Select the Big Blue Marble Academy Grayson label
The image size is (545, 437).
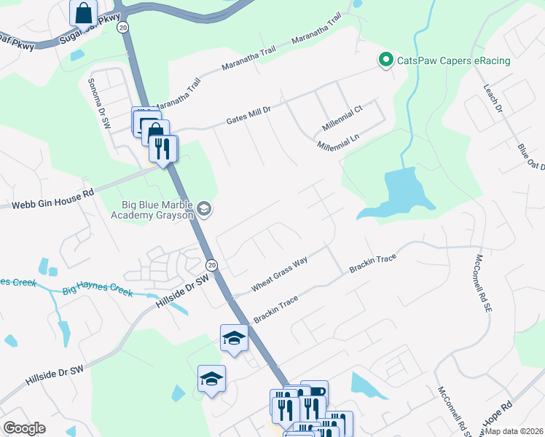[x=152, y=210]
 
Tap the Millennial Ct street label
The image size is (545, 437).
[x=342, y=120]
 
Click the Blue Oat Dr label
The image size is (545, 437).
[x=531, y=157]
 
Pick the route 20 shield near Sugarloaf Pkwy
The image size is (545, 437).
[x=123, y=27]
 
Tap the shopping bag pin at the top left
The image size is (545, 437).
[x=84, y=12]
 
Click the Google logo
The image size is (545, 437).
[x=25, y=428]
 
